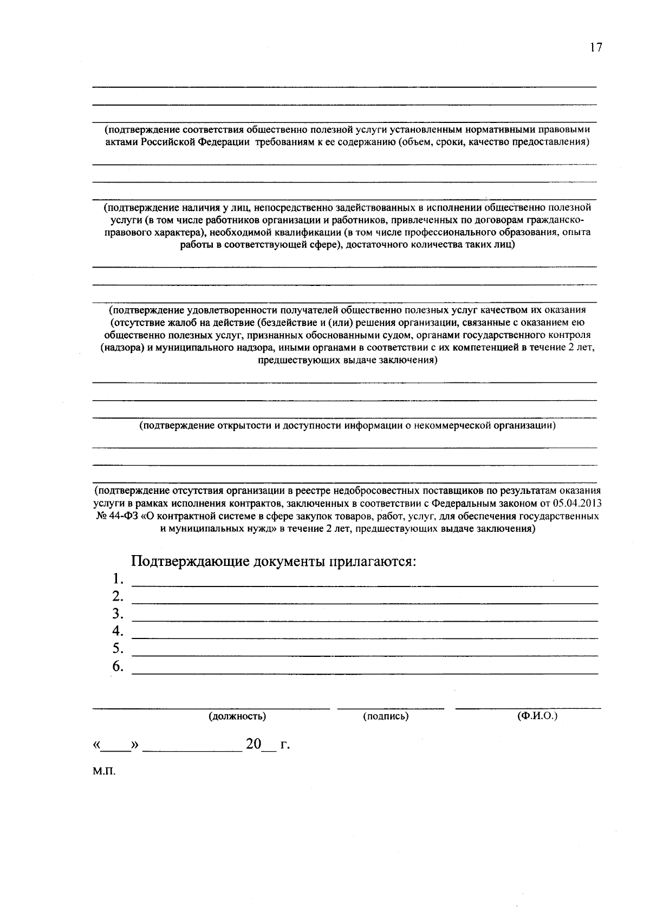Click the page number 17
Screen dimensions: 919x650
click(596, 48)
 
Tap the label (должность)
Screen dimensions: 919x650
click(237, 716)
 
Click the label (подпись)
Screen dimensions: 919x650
click(386, 716)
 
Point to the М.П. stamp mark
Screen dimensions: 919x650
click(104, 771)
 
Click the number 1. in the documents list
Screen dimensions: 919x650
click(119, 579)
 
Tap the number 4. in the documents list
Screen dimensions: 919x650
click(119, 631)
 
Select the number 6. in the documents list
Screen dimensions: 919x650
click(119, 666)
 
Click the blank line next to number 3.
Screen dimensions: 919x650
click(365, 620)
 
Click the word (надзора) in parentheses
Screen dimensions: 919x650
click(122, 348)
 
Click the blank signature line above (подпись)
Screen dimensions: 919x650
click(390, 707)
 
